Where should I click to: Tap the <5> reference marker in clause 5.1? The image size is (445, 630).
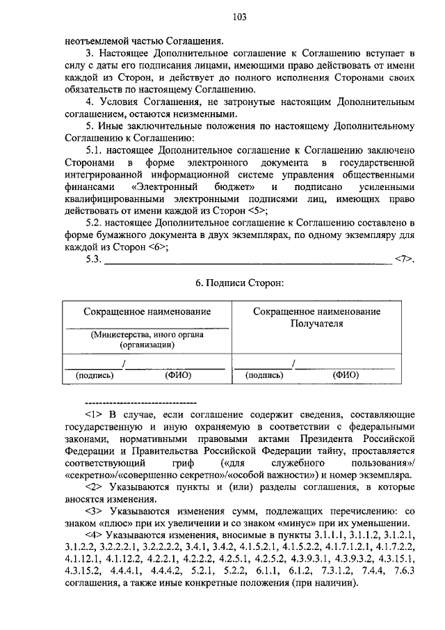tap(257, 210)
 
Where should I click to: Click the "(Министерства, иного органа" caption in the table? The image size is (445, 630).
tap(146, 335)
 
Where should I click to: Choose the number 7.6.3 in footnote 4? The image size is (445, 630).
tap(403, 572)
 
